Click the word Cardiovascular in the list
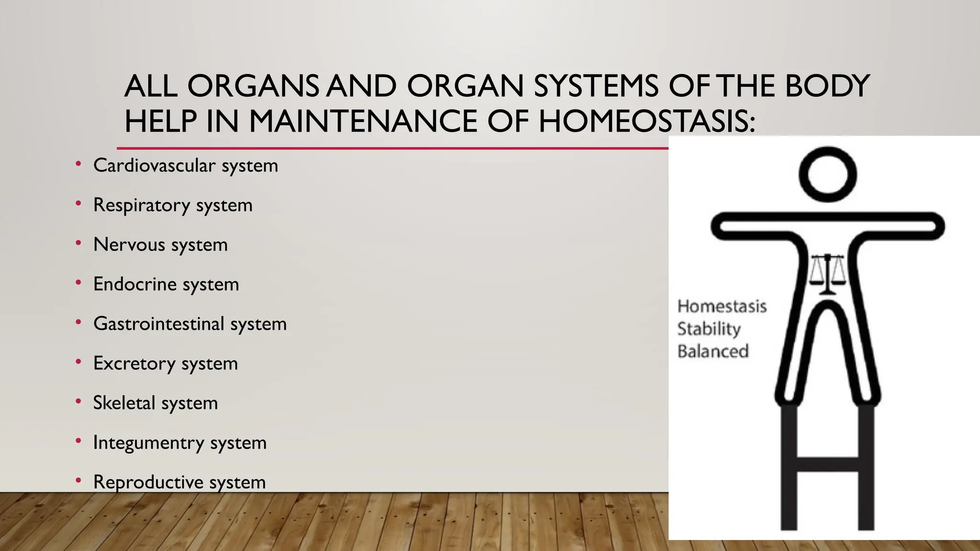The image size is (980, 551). pyautogui.click(x=154, y=165)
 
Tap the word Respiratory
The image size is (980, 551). pyautogui.click(x=141, y=205)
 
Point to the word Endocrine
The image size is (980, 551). pyautogui.click(x=134, y=284)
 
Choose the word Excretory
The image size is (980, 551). pyautogui.click(x=134, y=364)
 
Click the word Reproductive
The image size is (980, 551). pyautogui.click(x=148, y=482)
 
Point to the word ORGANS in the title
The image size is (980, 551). pyautogui.click(x=252, y=86)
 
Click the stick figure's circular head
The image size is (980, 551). pyautogui.click(x=827, y=174)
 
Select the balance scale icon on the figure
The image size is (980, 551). pyautogui.click(x=827, y=275)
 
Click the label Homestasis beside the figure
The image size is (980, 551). pyautogui.click(x=722, y=306)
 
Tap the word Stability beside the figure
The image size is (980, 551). pyautogui.click(x=709, y=329)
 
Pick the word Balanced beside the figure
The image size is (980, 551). pyautogui.click(x=713, y=352)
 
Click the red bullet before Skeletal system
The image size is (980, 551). pyautogui.click(x=78, y=402)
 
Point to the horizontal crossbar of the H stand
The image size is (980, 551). pyautogui.click(x=827, y=463)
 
